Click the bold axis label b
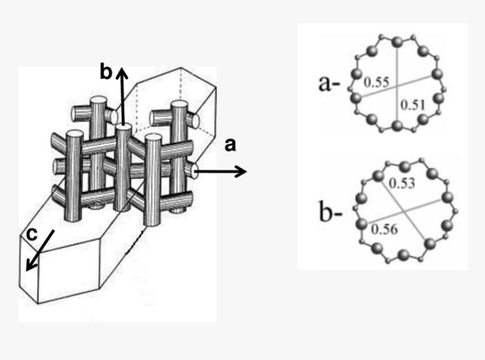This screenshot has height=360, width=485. click(105, 72)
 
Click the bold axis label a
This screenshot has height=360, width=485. click(230, 145)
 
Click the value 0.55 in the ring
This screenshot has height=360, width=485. click(376, 82)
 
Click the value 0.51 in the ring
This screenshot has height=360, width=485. click(412, 104)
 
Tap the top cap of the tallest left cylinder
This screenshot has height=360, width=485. click(99, 101)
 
